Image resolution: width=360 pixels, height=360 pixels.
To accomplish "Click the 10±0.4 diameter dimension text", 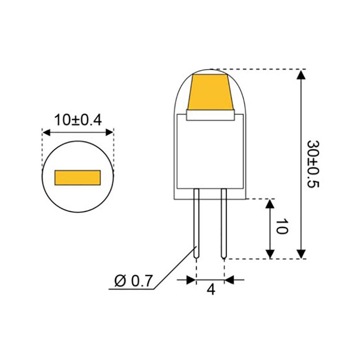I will click(x=78, y=120).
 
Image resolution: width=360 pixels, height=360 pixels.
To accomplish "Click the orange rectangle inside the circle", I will click(x=77, y=177).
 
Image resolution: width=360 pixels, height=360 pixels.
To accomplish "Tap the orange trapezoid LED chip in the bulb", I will click(x=211, y=93).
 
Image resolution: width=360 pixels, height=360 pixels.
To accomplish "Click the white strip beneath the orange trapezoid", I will click(x=211, y=116).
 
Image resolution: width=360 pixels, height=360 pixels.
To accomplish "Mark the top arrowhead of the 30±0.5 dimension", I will click(x=301, y=75).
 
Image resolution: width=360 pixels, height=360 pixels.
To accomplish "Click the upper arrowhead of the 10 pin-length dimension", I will click(x=270, y=204).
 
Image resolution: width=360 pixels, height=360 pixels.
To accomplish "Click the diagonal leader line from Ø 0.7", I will click(x=175, y=267).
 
